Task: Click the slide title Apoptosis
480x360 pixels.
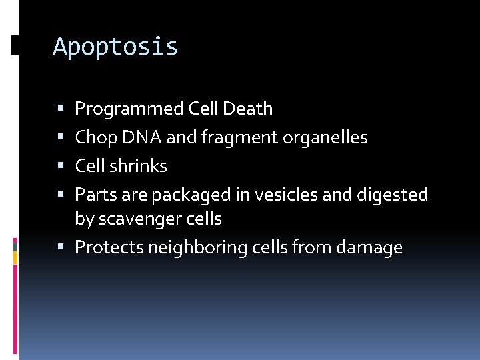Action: point(115,47)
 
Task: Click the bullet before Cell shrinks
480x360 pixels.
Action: point(61,166)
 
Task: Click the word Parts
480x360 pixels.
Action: point(93,195)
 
